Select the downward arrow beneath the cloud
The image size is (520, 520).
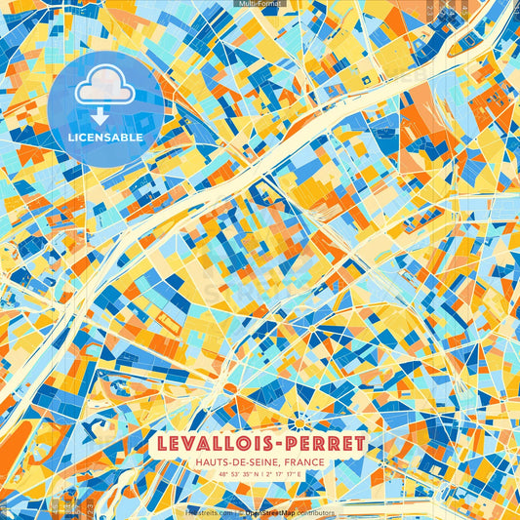coord(104,117)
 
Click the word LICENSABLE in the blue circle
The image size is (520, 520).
coord(105,138)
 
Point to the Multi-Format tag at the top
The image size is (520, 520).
coord(260,4)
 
